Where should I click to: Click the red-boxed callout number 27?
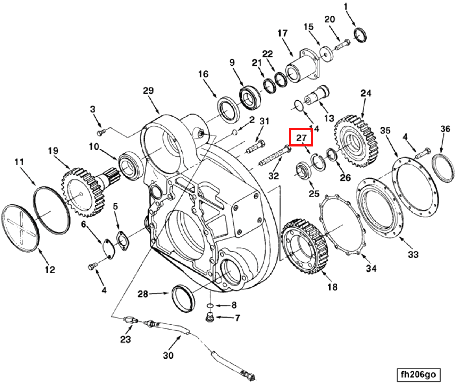pos(301,137)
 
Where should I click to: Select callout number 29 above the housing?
pos(148,91)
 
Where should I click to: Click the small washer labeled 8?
pos(210,305)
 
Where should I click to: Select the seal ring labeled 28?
pos(184,298)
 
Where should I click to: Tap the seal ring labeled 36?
pos(443,167)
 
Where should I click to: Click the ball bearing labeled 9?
pos(249,97)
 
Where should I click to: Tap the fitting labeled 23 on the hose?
pos(130,320)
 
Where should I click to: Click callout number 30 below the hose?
pos(168,355)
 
